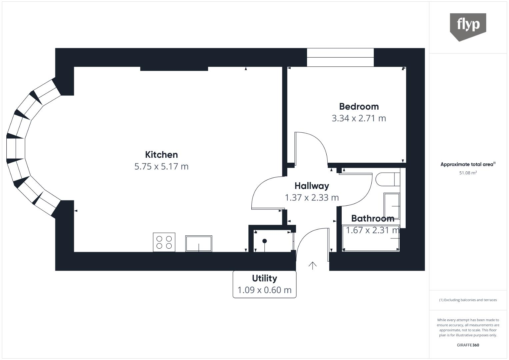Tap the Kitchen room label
tap(161, 155)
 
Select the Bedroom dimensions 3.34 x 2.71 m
tap(359, 118)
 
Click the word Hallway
tap(312, 186)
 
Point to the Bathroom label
tap(373, 218)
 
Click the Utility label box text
tap(264, 278)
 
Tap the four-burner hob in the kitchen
tap(164, 242)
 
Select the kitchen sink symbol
tap(199, 244)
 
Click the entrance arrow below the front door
tap(312, 265)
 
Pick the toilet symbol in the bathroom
tap(387, 179)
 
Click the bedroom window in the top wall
tap(340, 57)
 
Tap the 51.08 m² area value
tap(468, 173)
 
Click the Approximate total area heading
tap(468, 164)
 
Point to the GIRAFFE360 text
tap(468, 345)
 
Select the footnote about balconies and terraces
tap(468, 300)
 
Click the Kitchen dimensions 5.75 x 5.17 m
tap(161, 166)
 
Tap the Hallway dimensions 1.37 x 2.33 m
tap(312, 198)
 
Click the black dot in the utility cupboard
tap(265, 241)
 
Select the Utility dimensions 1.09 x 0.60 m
tap(264, 290)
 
